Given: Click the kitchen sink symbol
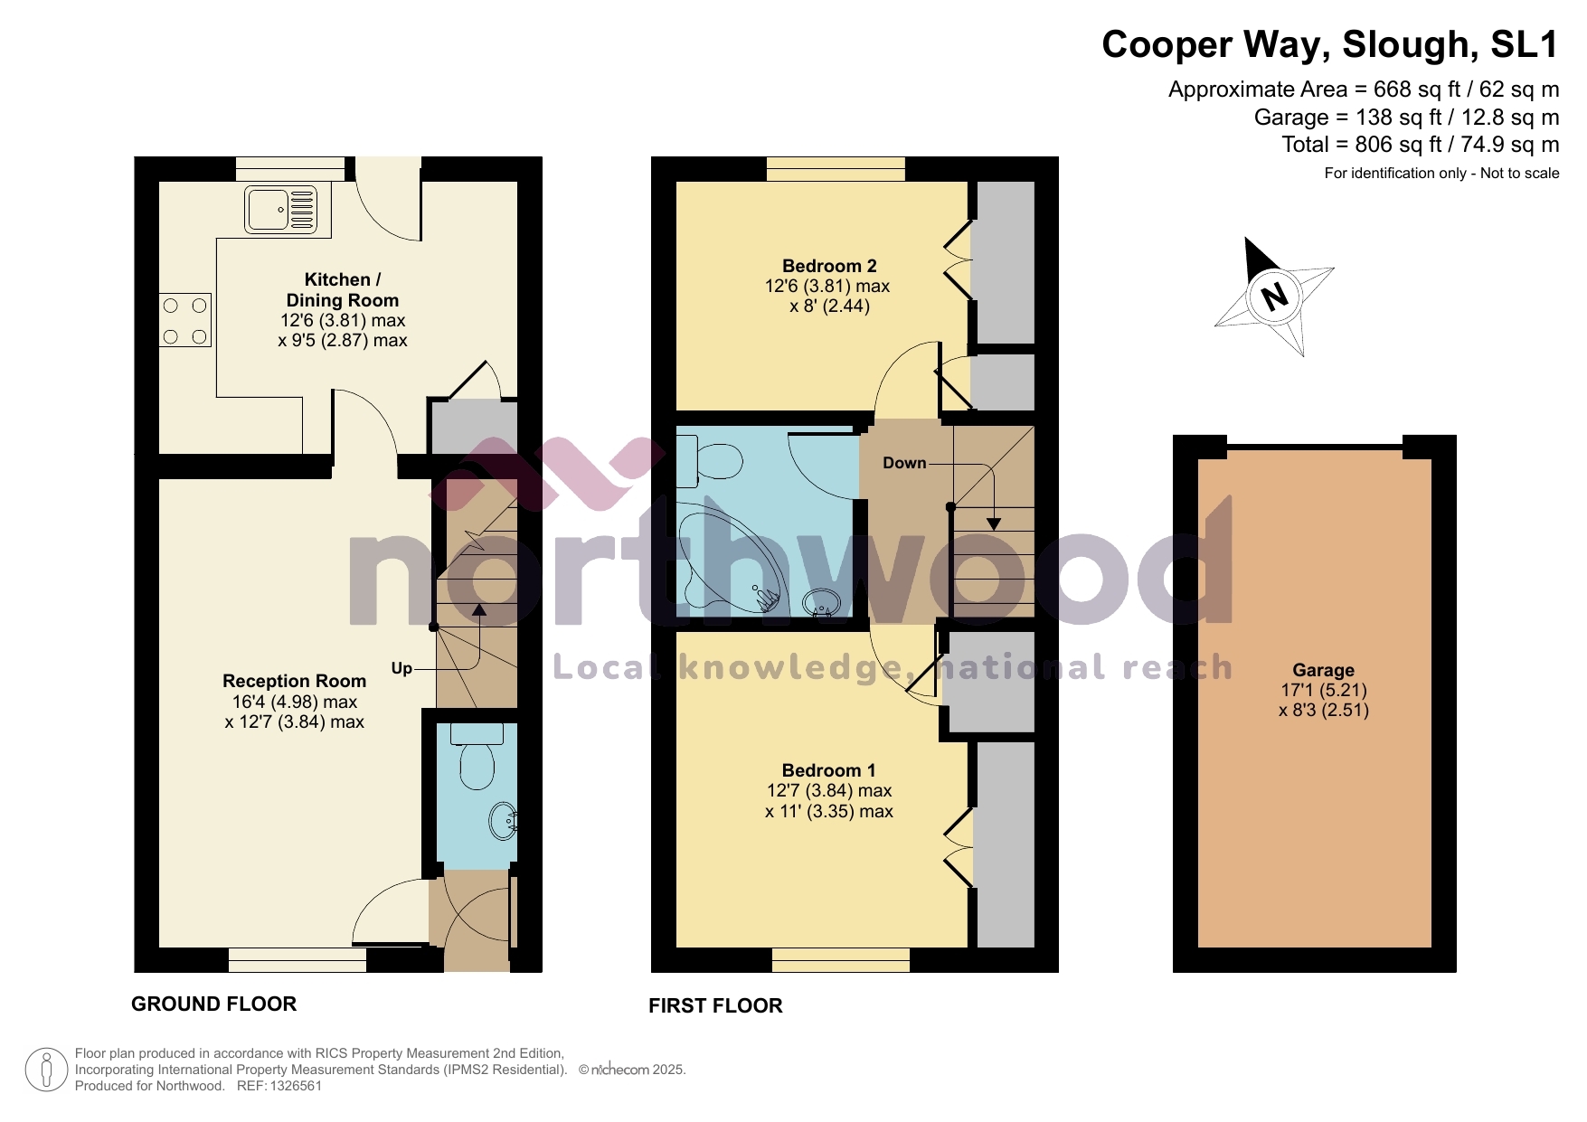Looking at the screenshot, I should (280, 210).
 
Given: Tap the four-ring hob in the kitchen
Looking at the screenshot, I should (185, 321).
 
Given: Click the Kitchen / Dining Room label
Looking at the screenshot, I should (342, 289).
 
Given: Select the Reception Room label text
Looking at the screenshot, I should (294, 681).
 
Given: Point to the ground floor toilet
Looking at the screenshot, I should (477, 759).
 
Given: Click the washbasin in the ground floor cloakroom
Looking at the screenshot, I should (503, 822).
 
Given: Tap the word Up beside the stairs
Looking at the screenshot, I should (401, 668).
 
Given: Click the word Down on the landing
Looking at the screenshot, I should (904, 463).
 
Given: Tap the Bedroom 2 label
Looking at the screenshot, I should (829, 266).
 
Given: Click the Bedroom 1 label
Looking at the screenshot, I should (828, 770).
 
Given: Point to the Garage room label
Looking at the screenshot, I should (1323, 670).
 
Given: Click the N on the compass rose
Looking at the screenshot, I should (1274, 296).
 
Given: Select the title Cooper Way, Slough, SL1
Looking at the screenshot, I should (1329, 45).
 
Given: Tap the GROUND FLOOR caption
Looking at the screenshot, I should (213, 1004).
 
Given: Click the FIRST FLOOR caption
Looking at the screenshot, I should (715, 1005).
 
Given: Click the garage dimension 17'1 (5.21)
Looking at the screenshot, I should (1323, 690).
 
